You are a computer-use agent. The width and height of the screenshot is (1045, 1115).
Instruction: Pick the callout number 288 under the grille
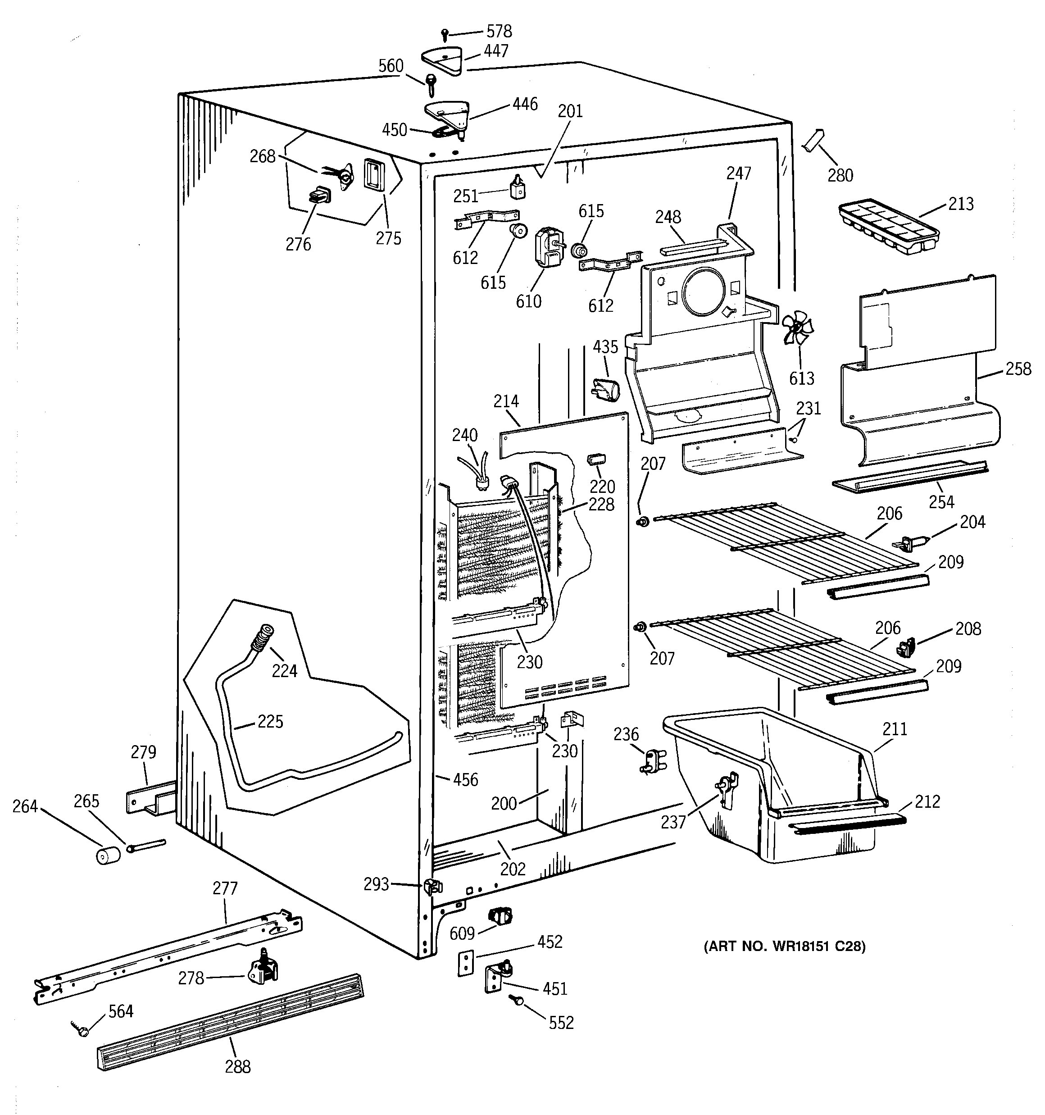pos(238,1066)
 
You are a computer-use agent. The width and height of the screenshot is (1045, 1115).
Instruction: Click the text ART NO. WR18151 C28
pos(784,947)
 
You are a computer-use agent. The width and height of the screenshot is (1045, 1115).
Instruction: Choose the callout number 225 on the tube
pos(270,721)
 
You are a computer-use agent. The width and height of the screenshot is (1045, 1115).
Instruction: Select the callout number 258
pos(1018,369)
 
